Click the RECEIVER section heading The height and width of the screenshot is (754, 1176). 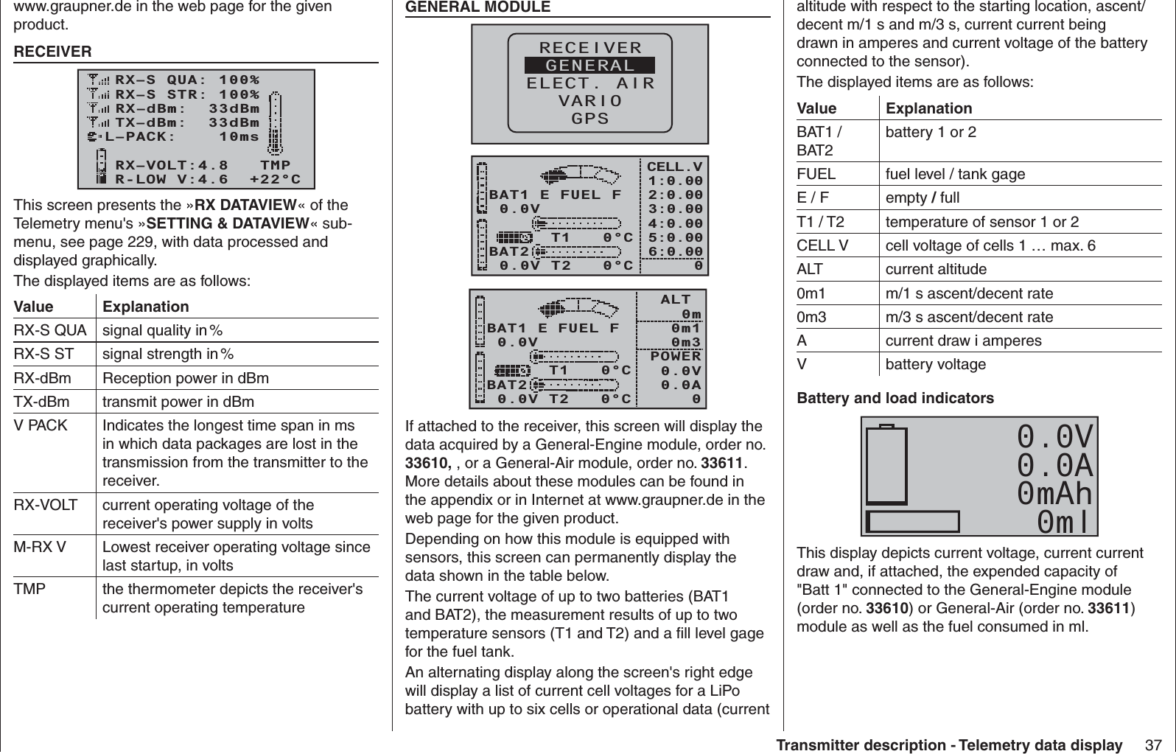tap(53, 52)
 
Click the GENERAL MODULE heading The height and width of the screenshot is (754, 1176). tap(478, 7)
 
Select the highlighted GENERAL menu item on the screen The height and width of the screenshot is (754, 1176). tap(589, 66)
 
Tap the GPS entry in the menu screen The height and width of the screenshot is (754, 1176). tap(591, 119)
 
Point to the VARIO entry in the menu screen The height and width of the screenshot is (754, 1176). tap(590, 101)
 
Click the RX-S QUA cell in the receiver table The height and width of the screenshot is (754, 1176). tap(50, 330)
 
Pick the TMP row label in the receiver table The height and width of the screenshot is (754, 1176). tap(29, 590)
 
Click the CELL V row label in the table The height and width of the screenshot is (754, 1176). tap(822, 245)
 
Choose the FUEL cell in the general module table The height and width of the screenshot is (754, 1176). tap(816, 175)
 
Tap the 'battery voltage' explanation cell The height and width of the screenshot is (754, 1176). tap(935, 365)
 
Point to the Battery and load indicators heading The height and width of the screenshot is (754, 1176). tap(895, 399)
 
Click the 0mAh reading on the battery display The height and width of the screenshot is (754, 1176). tap(1054, 494)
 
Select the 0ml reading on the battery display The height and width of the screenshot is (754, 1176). tap(1066, 523)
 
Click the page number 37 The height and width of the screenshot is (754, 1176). tap(1153, 745)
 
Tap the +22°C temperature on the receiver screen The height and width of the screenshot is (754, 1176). tap(275, 179)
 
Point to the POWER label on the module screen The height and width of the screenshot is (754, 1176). tap(676, 357)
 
